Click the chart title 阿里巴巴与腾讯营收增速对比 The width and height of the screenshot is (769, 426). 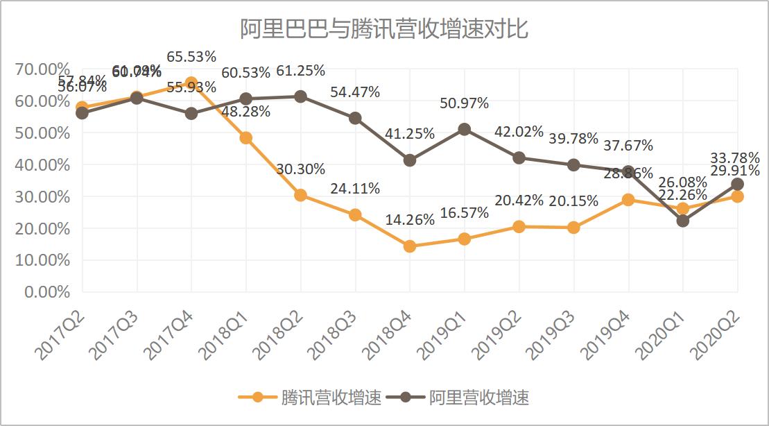384,29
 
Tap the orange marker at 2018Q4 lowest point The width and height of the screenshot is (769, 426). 410,246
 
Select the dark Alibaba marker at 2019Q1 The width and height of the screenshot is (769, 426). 465,130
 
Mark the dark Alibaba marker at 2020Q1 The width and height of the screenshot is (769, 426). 683,221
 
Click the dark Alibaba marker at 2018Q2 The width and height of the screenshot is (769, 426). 300,96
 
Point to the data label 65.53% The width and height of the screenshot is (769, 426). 191,56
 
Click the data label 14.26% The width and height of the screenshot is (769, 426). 410,219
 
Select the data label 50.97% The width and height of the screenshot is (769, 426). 465,103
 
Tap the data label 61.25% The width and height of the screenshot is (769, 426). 300,71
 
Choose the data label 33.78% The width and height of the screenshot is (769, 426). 734,157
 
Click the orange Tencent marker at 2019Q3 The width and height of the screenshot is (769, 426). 573,228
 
